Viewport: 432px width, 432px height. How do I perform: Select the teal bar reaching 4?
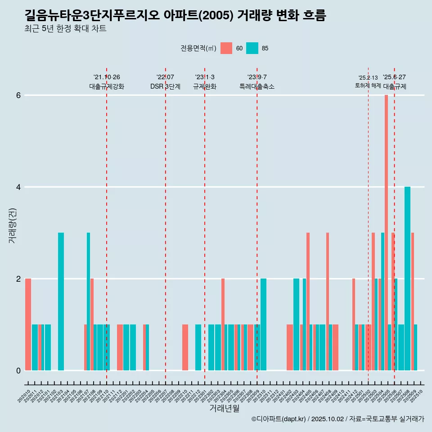point(407,279)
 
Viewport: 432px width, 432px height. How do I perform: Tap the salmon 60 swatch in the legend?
point(226,48)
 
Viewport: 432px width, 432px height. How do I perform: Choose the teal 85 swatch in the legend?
point(252,48)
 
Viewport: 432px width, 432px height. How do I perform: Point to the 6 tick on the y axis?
point(18,95)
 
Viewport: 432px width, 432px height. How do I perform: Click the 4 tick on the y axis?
point(18,187)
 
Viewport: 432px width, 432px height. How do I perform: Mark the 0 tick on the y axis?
point(18,370)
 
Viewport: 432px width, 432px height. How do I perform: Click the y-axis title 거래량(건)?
point(12,225)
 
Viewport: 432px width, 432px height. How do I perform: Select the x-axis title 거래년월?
point(224,408)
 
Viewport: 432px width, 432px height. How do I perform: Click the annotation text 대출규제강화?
point(107,86)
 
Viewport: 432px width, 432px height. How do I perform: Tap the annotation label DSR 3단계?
point(166,86)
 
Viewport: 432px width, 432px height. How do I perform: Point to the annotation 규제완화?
point(205,86)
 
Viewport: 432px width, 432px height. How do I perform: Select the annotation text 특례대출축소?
point(257,86)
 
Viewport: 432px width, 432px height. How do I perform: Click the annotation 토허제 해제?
point(368,85)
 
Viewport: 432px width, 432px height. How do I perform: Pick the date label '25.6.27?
point(394,77)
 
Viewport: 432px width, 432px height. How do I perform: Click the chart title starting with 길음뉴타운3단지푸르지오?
point(175,15)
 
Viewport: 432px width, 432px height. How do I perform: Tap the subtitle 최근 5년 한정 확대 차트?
point(66,29)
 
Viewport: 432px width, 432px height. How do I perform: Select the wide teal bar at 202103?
point(61,301)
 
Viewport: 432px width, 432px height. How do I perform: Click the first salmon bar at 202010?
point(28,324)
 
